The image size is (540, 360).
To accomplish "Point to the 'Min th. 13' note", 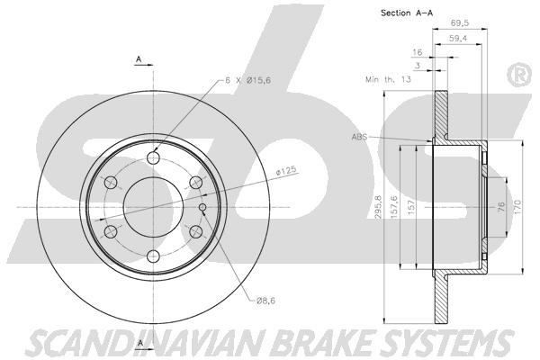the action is coord(389,80).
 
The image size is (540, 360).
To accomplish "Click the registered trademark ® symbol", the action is coord(517,76).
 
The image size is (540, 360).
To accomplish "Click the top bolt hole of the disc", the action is coord(152,158).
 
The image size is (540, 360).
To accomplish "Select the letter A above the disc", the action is coord(139,59).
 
